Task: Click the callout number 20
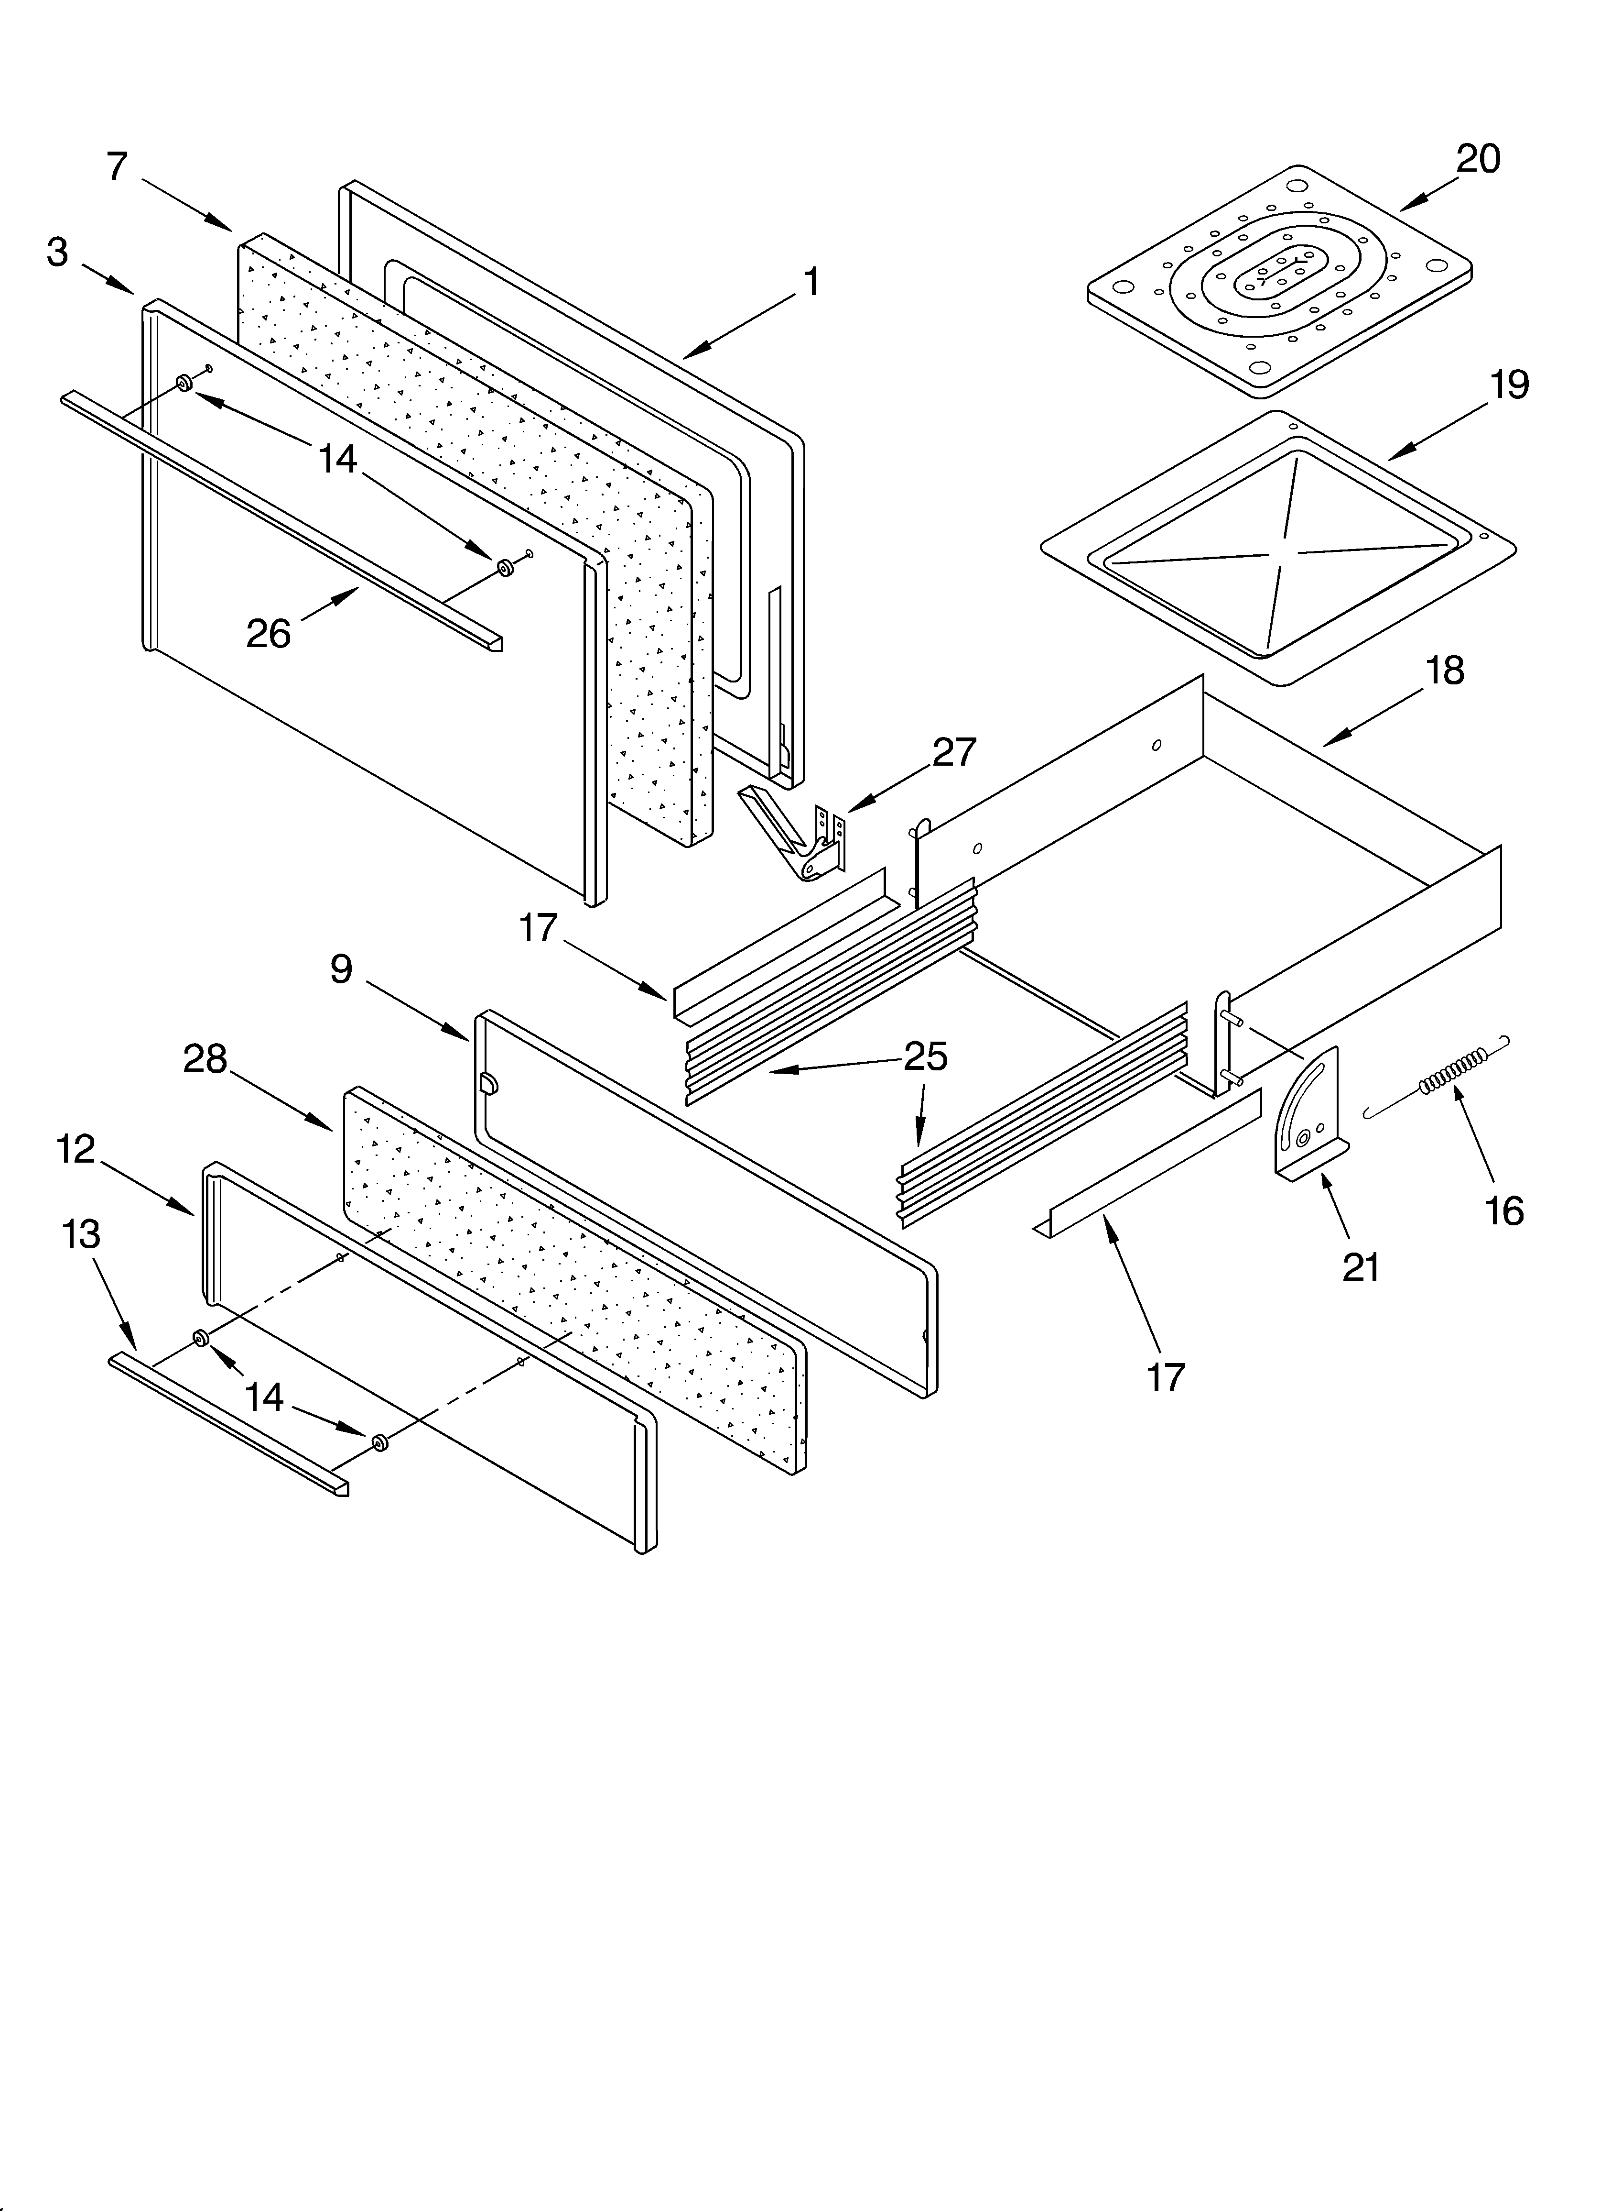[1477, 159]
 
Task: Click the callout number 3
[57, 253]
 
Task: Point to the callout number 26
[268, 635]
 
